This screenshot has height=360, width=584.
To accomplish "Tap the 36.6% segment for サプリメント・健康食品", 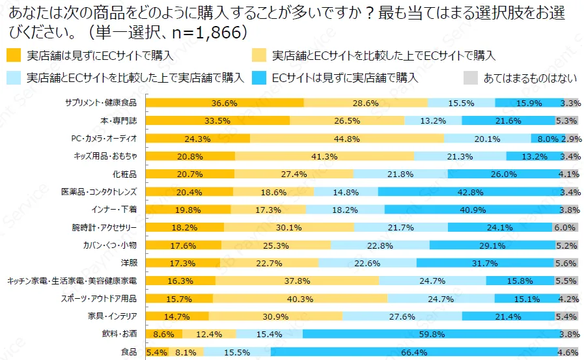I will (224, 103).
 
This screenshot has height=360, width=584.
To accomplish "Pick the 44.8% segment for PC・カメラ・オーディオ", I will (347, 138).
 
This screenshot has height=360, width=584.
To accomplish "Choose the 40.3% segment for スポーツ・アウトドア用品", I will (300, 299).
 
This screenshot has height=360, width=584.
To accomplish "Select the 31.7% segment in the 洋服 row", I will (484, 263).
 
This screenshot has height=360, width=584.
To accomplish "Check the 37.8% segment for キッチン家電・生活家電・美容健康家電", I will (297, 281).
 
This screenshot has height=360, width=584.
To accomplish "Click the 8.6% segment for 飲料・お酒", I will (163, 335).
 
